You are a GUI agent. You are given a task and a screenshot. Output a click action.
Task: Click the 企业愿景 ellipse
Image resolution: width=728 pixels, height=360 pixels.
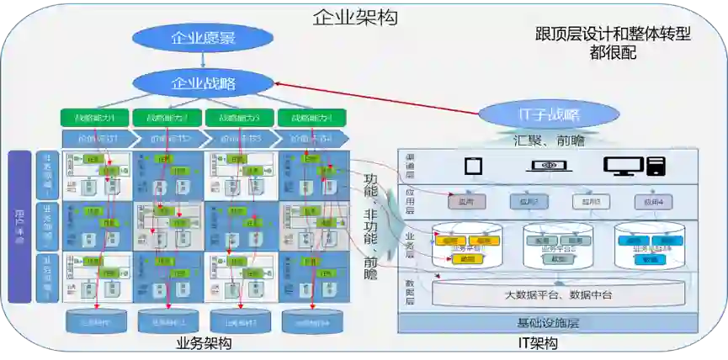(203, 38)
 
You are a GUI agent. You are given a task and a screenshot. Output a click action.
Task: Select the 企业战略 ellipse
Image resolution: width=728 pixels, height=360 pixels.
(203, 83)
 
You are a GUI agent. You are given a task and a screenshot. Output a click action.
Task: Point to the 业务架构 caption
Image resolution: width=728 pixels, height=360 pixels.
(204, 343)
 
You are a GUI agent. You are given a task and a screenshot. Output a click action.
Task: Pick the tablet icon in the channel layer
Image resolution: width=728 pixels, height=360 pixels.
(472, 166)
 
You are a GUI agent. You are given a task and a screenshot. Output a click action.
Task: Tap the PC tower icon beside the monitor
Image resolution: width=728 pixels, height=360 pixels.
(656, 166)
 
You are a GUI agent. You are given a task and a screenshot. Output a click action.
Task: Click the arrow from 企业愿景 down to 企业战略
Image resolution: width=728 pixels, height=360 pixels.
(203, 61)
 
